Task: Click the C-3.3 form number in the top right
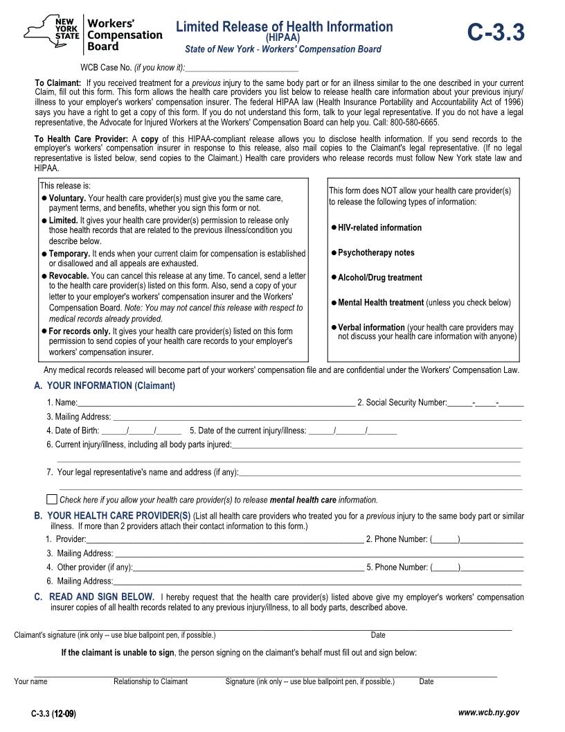495,33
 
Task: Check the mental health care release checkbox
52,499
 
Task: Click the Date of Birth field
141,430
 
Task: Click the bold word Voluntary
67,198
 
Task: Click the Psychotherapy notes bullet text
376,252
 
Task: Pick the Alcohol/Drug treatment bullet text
379,277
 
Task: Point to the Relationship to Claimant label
150,681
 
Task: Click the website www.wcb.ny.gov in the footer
489,713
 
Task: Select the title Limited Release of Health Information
284,26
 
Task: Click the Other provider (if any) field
248,567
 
